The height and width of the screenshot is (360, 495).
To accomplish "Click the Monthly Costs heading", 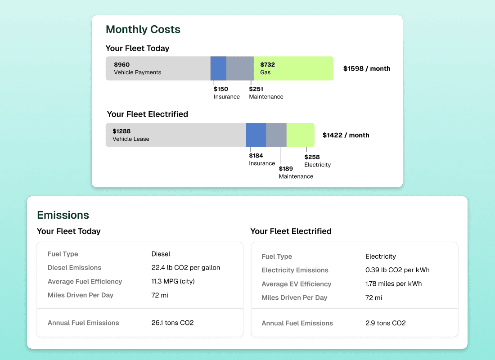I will tap(143, 30).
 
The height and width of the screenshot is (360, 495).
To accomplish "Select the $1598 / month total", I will tap(366, 69).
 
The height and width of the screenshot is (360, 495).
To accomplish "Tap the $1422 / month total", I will tap(346, 135).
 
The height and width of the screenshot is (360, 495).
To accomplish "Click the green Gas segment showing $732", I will tap(293, 68).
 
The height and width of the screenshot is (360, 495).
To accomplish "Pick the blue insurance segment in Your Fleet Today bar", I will tap(218, 68).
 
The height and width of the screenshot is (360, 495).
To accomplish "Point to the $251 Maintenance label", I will tap(266, 93).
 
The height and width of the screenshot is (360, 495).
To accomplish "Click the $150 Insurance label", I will tap(226, 93).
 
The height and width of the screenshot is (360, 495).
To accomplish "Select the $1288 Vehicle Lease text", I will tap(130, 135).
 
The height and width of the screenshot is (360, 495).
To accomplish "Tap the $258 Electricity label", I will tap(317, 161).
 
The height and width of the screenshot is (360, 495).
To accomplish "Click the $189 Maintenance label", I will tap(296, 172).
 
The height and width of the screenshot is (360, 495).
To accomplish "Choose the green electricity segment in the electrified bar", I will tap(300, 135).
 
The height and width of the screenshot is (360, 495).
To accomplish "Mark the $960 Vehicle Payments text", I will tap(137, 68).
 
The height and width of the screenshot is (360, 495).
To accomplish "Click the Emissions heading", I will tap(63, 215).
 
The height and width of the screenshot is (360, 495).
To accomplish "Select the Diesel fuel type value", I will tap(161, 254).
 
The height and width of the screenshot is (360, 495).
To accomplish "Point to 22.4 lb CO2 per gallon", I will tap(185, 268).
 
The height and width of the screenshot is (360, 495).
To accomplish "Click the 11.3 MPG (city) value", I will tap(173, 282).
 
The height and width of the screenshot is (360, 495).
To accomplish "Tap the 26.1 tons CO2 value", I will tap(172, 323).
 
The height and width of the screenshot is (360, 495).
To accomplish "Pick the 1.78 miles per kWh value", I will tap(393, 284).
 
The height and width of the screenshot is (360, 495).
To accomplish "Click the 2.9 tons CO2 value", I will tap(385, 323).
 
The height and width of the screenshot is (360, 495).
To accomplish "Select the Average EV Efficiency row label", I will tap(296, 284).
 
